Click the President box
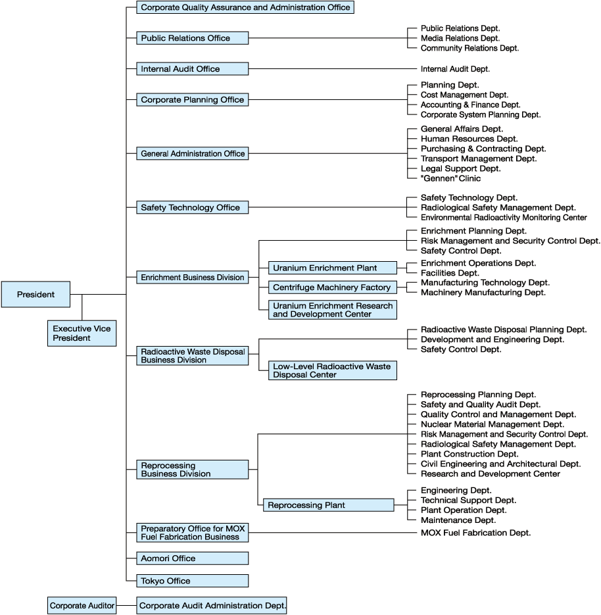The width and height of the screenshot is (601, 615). pyautogui.click(x=36, y=295)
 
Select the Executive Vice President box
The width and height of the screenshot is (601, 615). pyautogui.click(x=82, y=333)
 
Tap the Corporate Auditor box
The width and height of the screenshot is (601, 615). pyautogui.click(x=82, y=605)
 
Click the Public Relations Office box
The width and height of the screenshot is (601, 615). pyautogui.click(x=193, y=38)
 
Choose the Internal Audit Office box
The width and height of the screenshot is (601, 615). pyautogui.click(x=193, y=68)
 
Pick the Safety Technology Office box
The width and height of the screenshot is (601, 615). pyautogui.click(x=193, y=207)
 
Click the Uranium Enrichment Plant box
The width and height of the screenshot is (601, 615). pyautogui.click(x=332, y=268)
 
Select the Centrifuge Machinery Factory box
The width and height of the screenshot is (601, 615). pyautogui.click(x=332, y=287)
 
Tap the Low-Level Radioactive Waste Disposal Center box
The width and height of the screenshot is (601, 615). pyautogui.click(x=332, y=370)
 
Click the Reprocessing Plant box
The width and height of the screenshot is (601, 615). pyautogui.click(x=328, y=505)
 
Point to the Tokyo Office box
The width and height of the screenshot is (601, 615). pyautogui.click(x=193, y=581)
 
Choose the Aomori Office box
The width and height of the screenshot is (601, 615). pyautogui.click(x=193, y=558)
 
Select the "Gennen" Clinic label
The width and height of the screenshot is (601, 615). pyautogui.click(x=450, y=178)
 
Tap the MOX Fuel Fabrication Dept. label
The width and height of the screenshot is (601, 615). pyautogui.click(x=475, y=533)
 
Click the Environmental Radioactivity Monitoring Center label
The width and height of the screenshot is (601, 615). pyautogui.click(x=504, y=217)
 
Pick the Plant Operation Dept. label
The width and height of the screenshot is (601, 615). pyautogui.click(x=464, y=510)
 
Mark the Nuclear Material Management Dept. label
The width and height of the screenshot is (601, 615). pyautogui.click(x=493, y=424)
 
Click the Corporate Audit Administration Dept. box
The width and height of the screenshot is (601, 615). pyautogui.click(x=212, y=605)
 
